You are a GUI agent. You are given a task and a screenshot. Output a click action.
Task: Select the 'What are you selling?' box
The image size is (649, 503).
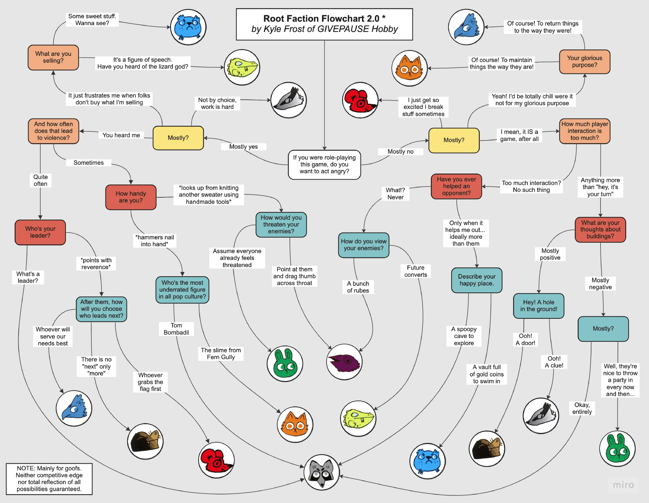click(53, 57)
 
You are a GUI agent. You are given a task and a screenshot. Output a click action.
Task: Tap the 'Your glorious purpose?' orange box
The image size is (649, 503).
click(584, 62)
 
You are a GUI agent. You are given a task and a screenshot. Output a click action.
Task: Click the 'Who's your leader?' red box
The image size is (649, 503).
click(40, 232)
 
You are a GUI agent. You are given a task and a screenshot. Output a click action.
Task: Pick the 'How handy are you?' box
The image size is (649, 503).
click(131, 197)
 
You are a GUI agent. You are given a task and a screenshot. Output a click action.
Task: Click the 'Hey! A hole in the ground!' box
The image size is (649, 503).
click(538, 306)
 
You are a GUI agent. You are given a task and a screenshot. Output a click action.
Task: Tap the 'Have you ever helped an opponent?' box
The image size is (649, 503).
click(456, 186)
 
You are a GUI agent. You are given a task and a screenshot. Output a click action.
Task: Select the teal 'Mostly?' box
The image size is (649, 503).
click(603, 329)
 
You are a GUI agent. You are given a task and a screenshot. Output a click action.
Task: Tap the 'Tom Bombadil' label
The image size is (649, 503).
click(176, 329)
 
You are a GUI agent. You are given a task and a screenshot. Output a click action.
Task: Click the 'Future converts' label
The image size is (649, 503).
click(415, 271)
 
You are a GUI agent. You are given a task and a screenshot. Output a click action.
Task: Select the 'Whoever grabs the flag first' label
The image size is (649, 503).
click(150, 382)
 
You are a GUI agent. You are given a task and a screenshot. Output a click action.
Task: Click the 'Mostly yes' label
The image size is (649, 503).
click(243, 147)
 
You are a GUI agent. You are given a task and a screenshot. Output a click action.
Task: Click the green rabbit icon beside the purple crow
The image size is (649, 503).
click(285, 363)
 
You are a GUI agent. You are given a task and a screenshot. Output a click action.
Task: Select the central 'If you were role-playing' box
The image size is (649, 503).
click(324, 164)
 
